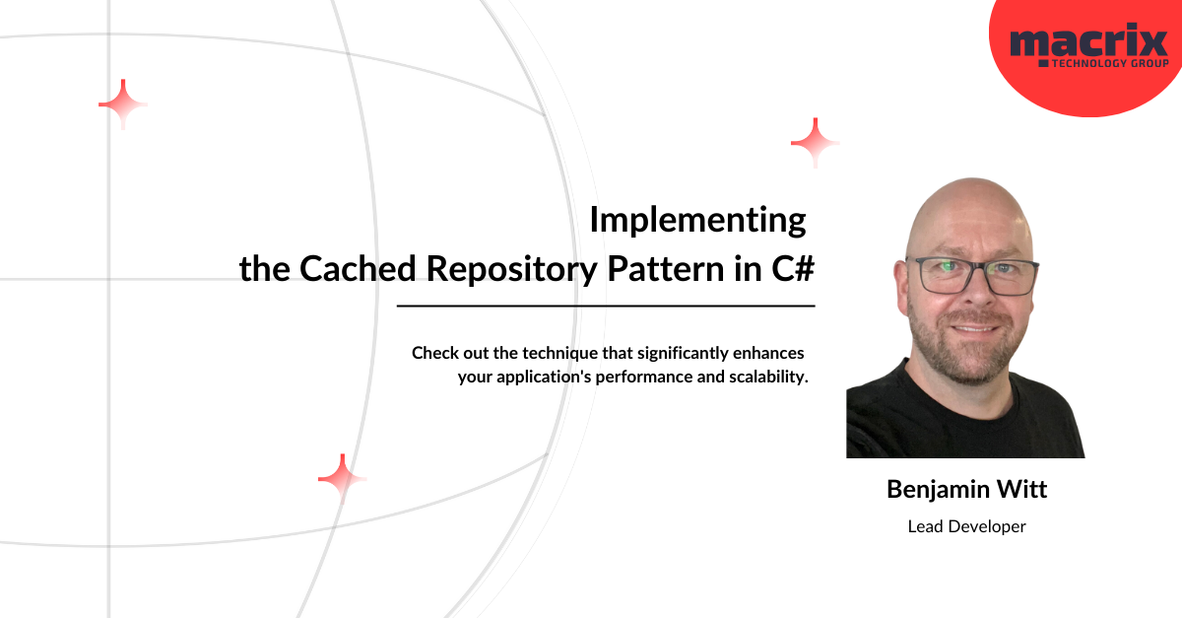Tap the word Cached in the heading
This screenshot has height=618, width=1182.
(x=358, y=268)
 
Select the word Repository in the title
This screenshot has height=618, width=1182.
(x=512, y=270)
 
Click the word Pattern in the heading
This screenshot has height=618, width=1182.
(x=666, y=268)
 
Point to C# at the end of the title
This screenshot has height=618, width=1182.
(x=793, y=268)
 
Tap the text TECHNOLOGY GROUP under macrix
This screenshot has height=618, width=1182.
(x=1110, y=63)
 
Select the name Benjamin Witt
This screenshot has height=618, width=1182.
(x=966, y=489)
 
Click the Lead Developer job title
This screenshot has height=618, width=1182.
(x=966, y=526)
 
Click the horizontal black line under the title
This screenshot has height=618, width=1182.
(x=606, y=306)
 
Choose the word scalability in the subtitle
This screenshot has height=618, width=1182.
(x=769, y=378)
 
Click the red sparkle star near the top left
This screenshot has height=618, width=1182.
(x=123, y=104)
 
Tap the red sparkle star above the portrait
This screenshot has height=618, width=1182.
(x=816, y=143)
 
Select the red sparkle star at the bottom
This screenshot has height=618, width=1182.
(x=343, y=479)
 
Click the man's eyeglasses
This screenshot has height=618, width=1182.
(x=972, y=276)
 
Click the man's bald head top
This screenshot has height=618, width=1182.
(x=972, y=206)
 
